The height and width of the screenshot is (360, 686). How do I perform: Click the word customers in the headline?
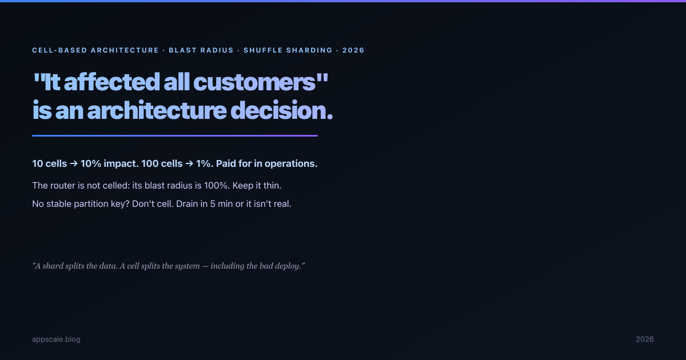click(254, 82)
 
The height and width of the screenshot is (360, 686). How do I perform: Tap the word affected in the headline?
click(112, 82)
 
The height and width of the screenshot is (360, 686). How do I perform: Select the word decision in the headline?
click(281, 110)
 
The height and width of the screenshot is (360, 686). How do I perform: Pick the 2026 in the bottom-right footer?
click(645, 339)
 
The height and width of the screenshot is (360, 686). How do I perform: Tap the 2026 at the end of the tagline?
click(353, 50)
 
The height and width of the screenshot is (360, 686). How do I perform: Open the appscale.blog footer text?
click(57, 339)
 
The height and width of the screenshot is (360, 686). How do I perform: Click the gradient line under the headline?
click(175, 135)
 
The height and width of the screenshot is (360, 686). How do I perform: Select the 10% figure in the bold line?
click(91, 163)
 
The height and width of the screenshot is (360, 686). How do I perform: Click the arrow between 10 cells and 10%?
click(74, 163)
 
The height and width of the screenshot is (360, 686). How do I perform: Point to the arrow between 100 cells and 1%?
click(189, 163)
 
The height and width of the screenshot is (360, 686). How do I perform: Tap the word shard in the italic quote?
click(53, 266)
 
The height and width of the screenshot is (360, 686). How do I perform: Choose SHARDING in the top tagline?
click(309, 50)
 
